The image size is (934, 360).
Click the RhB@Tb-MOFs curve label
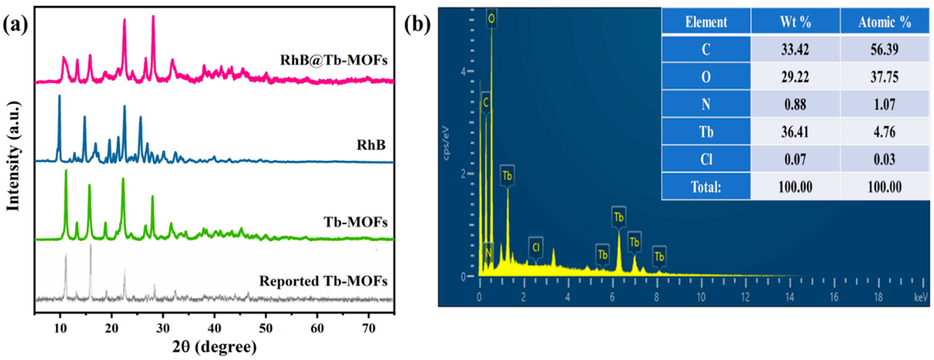pos(334,60)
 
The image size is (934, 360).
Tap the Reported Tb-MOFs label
pos(323,281)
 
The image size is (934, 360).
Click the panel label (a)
pos(15,25)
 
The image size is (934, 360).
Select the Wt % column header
pos(795,22)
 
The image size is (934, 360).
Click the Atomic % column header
pos(884,22)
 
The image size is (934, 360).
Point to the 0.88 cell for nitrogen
pos(795,104)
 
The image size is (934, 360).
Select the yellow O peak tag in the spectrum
pos(491,18)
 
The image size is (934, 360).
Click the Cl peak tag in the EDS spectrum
pos(536,247)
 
